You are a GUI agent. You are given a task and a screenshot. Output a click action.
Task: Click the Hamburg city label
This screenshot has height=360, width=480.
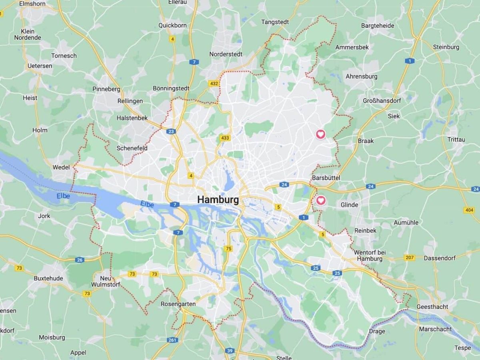(218, 200)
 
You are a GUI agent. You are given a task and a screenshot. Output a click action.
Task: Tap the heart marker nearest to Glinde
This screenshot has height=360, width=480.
(321, 200)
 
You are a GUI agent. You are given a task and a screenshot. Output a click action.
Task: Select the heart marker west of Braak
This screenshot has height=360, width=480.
(321, 134)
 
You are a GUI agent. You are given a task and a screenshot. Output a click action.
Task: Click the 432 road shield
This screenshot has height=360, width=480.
(213, 83)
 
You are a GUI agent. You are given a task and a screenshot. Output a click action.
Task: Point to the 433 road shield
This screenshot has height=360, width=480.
(225, 138)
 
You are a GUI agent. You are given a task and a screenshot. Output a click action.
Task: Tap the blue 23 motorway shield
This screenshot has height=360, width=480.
(172, 131)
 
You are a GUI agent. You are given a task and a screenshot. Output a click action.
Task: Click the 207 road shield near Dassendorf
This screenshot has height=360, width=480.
(409, 257)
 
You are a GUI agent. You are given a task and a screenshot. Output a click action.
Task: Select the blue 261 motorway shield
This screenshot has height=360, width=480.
(172, 340)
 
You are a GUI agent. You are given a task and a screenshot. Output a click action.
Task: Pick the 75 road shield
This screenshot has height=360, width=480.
(228, 249)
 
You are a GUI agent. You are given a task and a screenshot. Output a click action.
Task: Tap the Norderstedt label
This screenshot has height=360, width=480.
(226, 54)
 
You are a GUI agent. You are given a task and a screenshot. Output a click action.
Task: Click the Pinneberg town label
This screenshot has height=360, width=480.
(106, 89)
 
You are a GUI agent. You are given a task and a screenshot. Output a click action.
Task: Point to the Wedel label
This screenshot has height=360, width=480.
(61, 167)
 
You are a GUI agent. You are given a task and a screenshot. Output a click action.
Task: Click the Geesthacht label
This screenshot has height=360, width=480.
(432, 307)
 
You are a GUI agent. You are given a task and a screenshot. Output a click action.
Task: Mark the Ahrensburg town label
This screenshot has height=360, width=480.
(361, 76)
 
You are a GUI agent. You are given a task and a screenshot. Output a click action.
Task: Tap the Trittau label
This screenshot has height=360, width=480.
(456, 139)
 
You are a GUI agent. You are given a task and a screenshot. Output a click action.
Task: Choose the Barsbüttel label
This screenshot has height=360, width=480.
(326, 177)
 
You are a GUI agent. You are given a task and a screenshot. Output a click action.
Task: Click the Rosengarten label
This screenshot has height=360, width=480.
(178, 304)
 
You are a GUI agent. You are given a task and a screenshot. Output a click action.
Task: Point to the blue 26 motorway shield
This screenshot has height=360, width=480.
(80, 260)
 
